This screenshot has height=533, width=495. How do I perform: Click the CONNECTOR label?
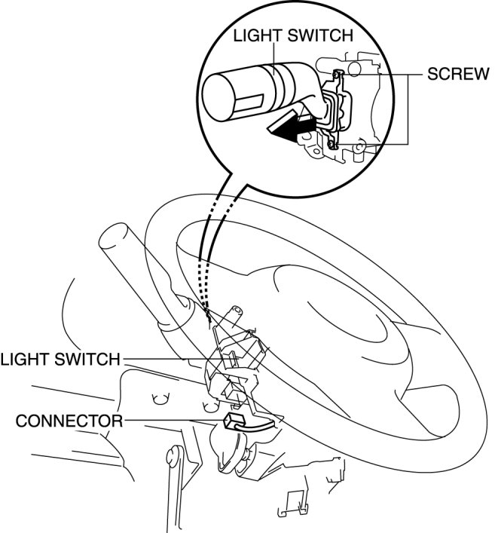(61, 420)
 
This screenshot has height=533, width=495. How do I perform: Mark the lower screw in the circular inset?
(332, 141)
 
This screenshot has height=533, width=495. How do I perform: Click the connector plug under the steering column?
(236, 420)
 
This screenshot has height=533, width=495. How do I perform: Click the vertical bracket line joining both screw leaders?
(409, 109)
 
